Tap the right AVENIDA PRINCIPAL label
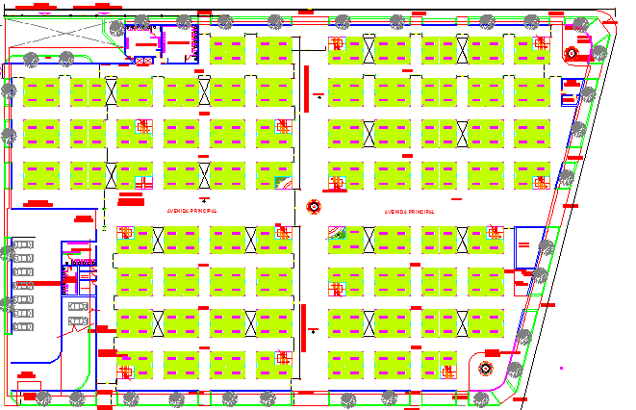409,210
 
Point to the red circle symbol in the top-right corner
571,53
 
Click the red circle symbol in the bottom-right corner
486,367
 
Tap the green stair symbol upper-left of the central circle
282,181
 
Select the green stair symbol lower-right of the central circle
339,231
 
